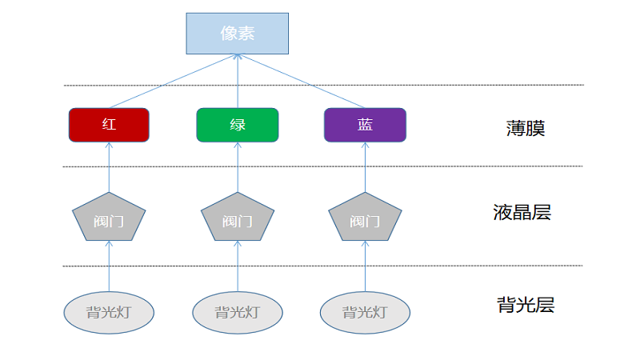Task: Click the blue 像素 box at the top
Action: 237,33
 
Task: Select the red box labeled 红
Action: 109,125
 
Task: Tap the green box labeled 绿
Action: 237,125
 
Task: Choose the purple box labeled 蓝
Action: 365,125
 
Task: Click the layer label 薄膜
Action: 526,128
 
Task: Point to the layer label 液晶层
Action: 522,213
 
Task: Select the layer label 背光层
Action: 525,305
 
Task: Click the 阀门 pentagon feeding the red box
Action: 109,218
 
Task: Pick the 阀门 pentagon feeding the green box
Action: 237,218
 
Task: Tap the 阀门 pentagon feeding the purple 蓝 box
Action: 365,218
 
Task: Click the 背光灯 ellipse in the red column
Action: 109,312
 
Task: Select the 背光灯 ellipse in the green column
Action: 237,312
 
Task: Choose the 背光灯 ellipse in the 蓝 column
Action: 365,312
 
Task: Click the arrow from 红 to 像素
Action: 173,81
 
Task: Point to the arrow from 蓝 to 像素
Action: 302,81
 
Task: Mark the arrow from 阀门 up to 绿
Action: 238,167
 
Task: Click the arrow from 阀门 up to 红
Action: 109,167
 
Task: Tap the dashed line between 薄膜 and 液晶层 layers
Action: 448,166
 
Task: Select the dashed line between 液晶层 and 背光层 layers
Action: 448,266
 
